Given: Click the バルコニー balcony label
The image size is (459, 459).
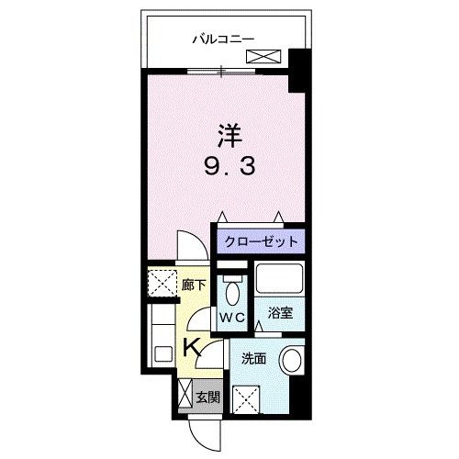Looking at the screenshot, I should click(223, 39).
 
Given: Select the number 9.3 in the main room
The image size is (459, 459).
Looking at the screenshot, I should click(229, 169).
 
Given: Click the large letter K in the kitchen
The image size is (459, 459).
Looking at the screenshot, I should click(192, 347).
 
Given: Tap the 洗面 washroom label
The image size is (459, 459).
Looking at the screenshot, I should click(253, 358).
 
